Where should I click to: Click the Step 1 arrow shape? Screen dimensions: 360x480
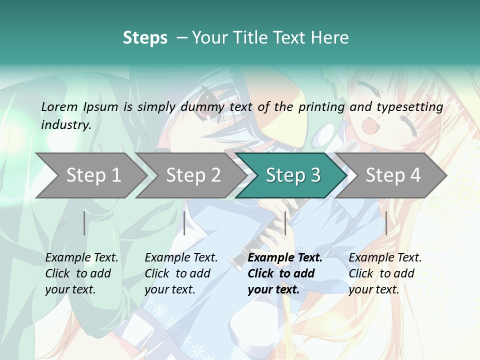click(92, 175)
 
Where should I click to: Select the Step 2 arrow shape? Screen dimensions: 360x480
click(192, 175)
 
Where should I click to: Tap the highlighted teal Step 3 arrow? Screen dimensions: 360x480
click(292, 175)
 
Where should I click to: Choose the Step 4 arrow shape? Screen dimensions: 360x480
click(392, 175)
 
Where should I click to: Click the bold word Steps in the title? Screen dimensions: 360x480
click(145, 37)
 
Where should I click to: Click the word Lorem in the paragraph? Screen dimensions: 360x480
click(59, 106)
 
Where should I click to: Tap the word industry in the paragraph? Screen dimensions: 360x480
click(66, 124)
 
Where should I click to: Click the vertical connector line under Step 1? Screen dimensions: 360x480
click(84, 223)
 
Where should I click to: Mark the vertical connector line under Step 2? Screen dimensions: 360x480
click(184, 223)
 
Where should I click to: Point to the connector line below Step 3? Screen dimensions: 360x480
click(285, 223)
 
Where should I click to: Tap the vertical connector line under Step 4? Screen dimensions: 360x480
click(386, 223)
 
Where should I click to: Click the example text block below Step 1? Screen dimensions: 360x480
click(81, 273)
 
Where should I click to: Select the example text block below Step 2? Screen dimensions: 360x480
click(181, 273)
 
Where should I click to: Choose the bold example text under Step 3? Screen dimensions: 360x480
click(284, 273)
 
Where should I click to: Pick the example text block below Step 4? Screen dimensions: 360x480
click(385, 273)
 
